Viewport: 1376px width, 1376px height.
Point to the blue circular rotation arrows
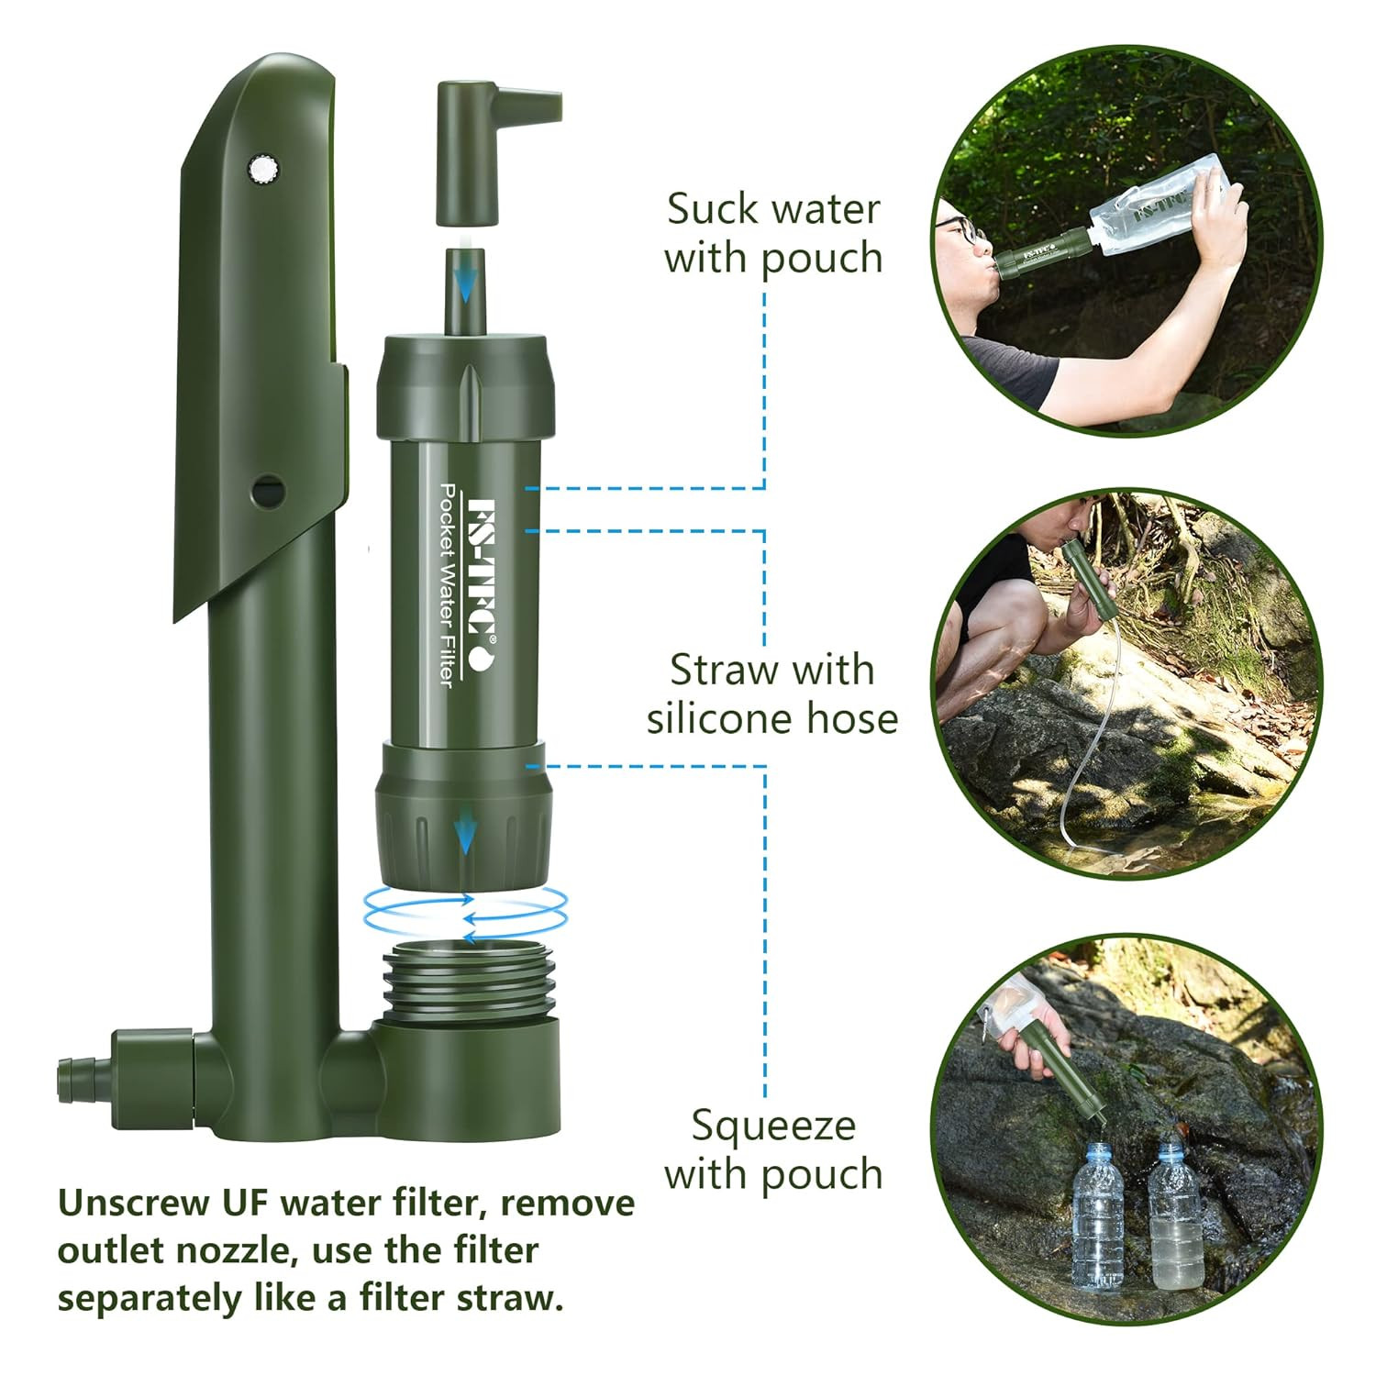(x=466, y=912)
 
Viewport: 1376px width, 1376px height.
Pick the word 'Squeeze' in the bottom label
(x=773, y=1126)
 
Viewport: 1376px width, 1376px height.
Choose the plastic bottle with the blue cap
(x=1097, y=1216)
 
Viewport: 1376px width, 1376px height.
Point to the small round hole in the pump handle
(x=268, y=489)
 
